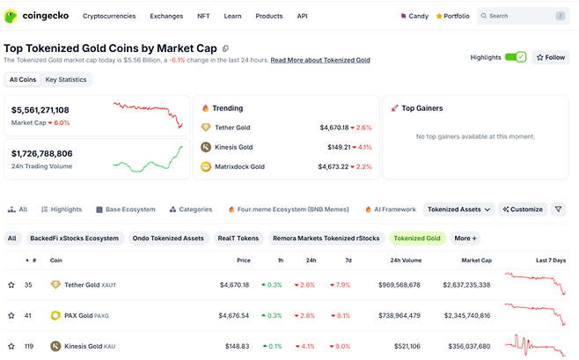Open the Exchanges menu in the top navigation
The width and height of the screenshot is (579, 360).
(166, 16)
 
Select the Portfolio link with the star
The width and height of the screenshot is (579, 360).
(452, 16)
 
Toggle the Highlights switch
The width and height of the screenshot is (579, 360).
(515, 57)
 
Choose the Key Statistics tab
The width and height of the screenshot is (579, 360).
(66, 79)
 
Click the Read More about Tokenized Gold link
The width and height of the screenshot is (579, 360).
(320, 60)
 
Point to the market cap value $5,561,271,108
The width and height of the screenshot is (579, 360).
(40, 110)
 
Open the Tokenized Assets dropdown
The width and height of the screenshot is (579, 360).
(458, 209)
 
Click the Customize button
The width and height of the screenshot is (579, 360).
(523, 209)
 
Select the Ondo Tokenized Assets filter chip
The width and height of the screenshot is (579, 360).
(168, 238)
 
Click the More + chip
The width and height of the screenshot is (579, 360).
(465, 238)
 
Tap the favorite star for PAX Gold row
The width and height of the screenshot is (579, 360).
(11, 315)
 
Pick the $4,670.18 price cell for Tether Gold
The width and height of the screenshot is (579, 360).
(234, 285)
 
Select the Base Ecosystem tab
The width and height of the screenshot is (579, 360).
(125, 209)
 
